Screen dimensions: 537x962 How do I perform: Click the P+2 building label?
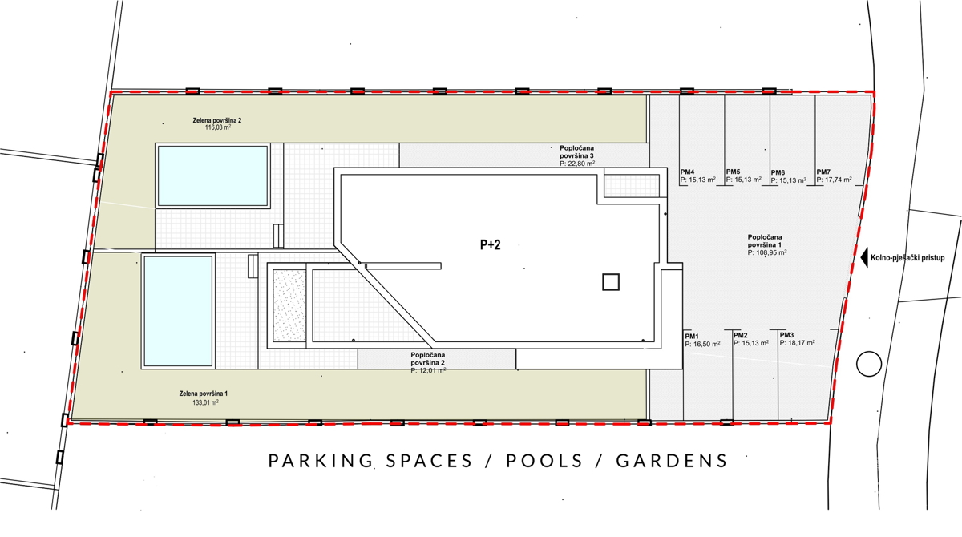tap(490, 245)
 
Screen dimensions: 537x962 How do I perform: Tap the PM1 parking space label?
tap(692, 335)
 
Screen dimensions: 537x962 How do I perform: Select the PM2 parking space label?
tap(740, 335)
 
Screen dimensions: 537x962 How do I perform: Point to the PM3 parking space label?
tap(787, 334)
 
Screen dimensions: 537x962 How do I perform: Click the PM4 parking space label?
tap(687, 172)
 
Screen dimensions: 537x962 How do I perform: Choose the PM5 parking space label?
tap(733, 172)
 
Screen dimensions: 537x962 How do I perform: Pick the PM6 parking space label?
tap(778, 172)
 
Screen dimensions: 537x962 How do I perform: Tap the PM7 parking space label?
tap(823, 172)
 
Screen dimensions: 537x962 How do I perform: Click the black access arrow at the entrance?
tap(864, 258)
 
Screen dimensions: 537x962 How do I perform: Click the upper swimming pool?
tap(212, 176)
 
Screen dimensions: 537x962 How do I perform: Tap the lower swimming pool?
tap(178, 310)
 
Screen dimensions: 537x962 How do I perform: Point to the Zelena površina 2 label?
tap(217, 120)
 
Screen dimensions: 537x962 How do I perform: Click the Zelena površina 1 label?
tap(204, 394)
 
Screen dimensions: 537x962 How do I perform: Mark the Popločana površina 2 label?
tap(427, 358)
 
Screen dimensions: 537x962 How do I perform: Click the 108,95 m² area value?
tap(767, 252)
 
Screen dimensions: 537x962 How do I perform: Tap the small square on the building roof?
tap(611, 281)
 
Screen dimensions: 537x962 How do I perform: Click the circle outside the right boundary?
tap(869, 364)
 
